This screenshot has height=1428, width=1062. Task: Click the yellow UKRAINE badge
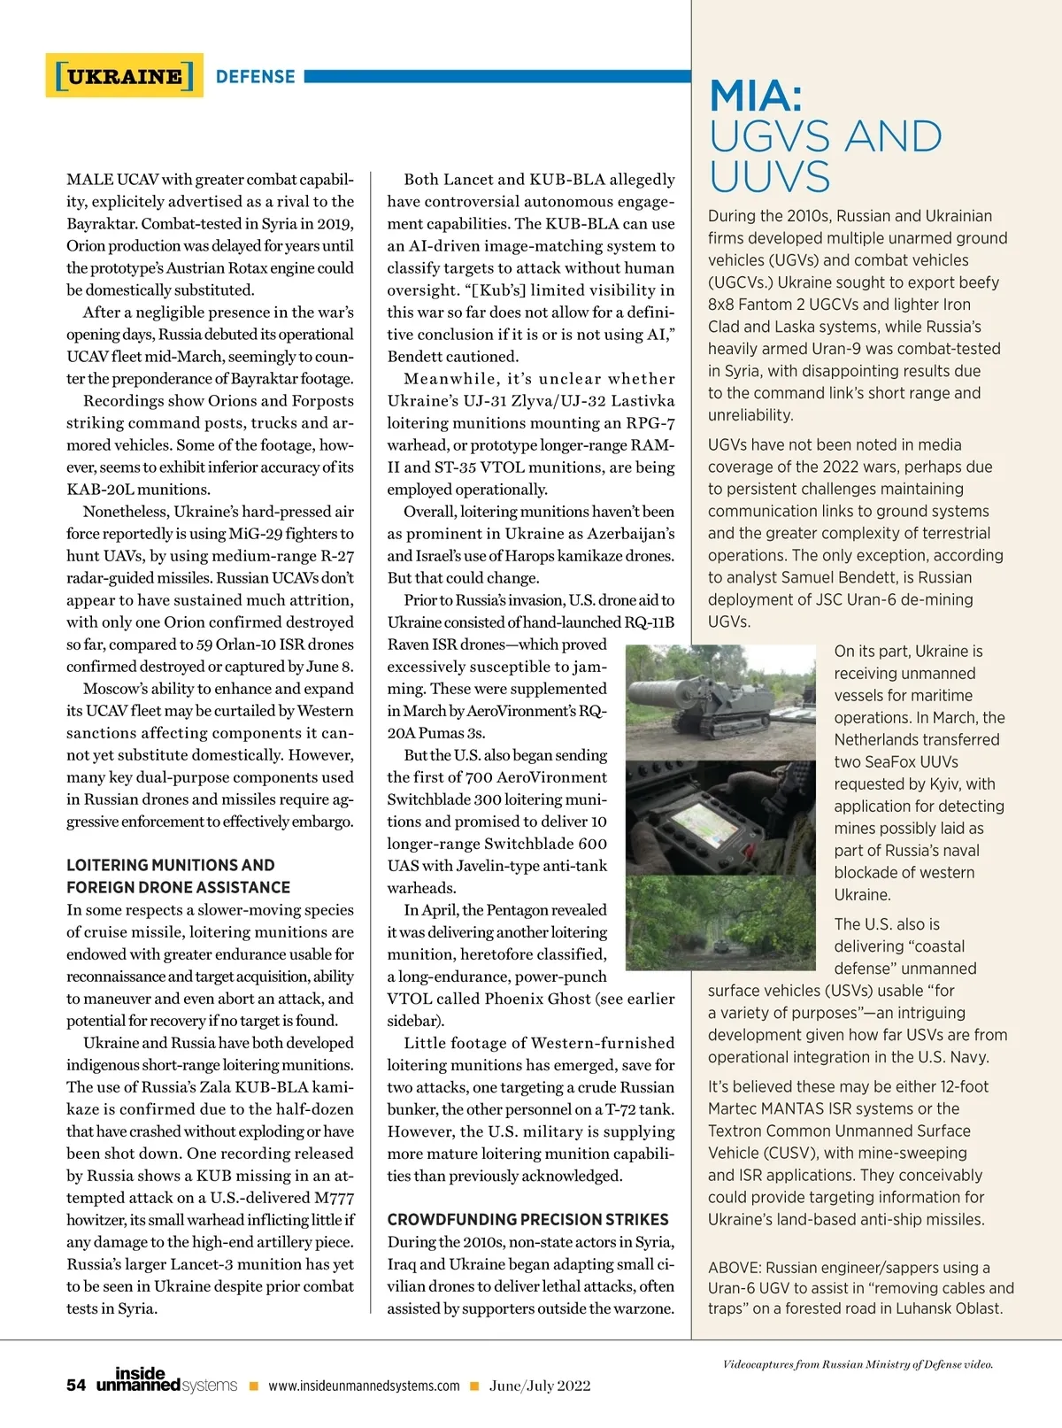point(124,76)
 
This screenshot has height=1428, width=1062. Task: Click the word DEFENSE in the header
point(255,77)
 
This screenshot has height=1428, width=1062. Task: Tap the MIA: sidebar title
point(756,96)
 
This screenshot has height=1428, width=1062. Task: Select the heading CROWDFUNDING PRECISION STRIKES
point(527,1219)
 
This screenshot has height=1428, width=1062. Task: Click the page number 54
point(76,1386)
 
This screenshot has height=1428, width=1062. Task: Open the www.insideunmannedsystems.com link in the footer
point(364,1386)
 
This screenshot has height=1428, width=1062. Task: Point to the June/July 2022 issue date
point(540,1386)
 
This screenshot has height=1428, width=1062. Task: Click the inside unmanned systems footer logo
point(166,1379)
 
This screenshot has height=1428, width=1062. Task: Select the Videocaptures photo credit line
point(858,1364)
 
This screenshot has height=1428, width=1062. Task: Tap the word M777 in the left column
point(334,1198)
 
